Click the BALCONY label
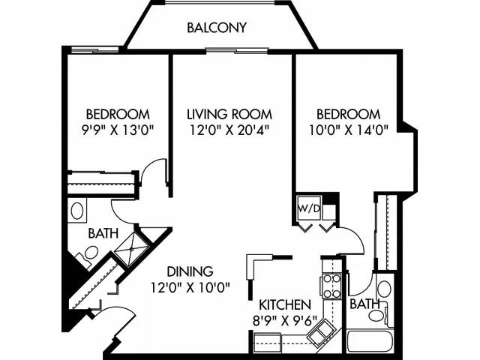[x=217, y=28]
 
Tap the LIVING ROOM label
[x=229, y=114]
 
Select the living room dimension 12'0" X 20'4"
[x=229, y=129]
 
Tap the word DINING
[x=190, y=271]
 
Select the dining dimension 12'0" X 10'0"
[x=190, y=286]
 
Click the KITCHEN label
[x=284, y=305]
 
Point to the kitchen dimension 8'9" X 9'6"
[x=284, y=320]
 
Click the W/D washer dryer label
[x=307, y=206]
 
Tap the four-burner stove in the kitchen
[x=331, y=286]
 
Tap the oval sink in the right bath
[x=384, y=289]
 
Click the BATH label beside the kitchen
[x=364, y=305]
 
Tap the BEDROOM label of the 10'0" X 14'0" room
[x=347, y=114]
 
